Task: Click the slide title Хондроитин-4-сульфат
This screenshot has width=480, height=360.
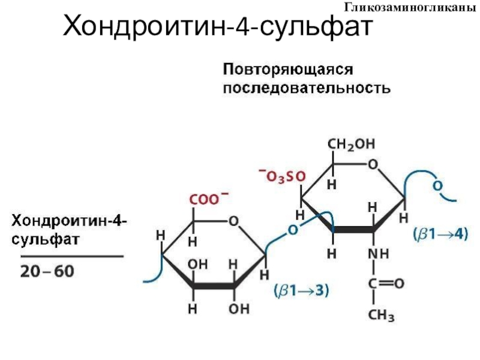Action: pyautogui.click(x=218, y=27)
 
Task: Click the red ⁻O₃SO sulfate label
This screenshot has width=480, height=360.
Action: pyautogui.click(x=281, y=175)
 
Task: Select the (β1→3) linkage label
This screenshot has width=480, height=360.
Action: pyautogui.click(x=301, y=290)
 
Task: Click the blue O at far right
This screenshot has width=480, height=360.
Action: pyautogui.click(x=437, y=187)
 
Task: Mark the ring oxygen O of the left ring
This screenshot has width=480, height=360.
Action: pyautogui.click(x=233, y=221)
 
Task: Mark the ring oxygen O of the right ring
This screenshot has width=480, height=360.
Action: pyautogui.click(x=373, y=164)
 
